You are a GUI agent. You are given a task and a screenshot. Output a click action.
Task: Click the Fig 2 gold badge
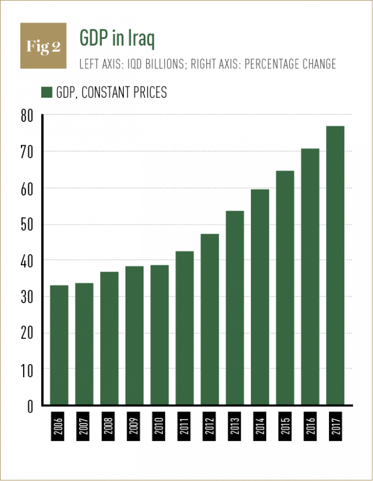click(x=43, y=46)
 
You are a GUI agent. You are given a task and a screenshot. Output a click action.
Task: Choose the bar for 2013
click(x=235, y=308)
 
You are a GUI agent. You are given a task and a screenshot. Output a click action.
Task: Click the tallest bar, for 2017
click(x=335, y=265)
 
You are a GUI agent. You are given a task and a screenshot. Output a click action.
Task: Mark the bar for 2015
click(x=285, y=288)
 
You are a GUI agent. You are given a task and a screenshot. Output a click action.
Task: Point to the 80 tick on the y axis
click(x=27, y=116)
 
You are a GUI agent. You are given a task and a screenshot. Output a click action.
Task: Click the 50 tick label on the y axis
click(x=27, y=225)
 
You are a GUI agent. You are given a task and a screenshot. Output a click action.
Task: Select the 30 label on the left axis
click(x=27, y=297)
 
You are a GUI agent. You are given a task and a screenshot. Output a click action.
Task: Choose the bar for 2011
click(x=184, y=328)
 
